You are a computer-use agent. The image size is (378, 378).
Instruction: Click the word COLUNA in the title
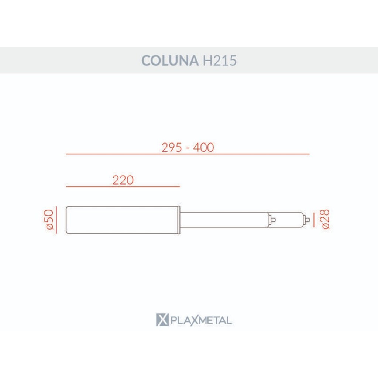(170, 60)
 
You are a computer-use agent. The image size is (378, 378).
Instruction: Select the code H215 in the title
(220, 60)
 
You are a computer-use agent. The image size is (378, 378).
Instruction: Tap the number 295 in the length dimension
(171, 147)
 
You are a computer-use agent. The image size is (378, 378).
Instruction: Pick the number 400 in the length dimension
(203, 147)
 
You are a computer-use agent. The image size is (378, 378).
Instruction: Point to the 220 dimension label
(123, 180)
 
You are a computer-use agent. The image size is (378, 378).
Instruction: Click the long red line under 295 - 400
(188, 154)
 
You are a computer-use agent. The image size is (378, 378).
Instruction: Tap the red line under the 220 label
(123, 186)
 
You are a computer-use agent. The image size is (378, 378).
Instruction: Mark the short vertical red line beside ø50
(56, 220)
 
